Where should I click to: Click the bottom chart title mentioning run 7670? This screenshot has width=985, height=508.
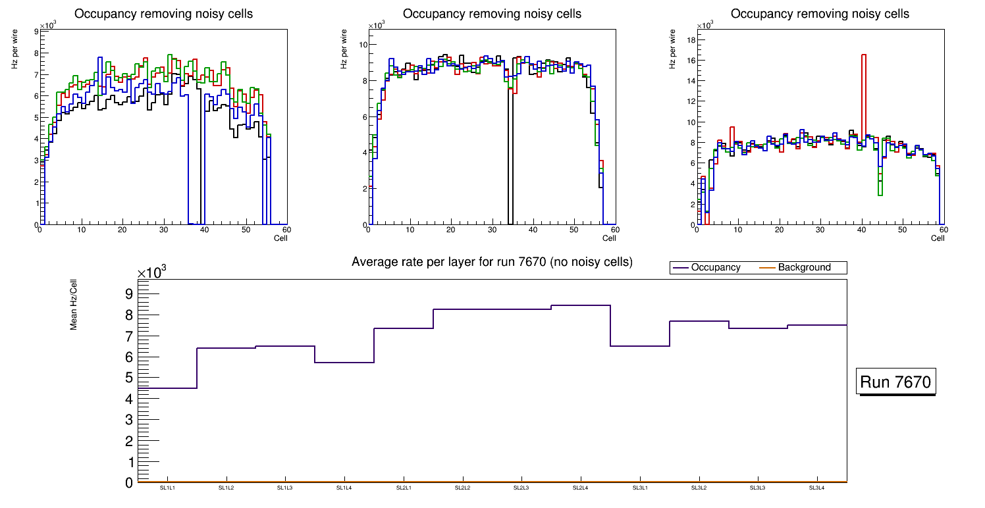[x=492, y=262]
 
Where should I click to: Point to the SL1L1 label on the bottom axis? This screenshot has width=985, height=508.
[x=167, y=488]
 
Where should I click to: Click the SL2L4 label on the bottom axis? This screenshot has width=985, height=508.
[x=580, y=488]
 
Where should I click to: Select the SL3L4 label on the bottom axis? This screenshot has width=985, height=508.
[x=816, y=488]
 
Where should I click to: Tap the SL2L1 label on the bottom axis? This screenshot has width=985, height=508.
[x=403, y=488]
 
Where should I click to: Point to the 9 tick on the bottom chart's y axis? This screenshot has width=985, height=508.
[x=130, y=293]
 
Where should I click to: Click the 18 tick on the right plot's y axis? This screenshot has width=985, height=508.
[x=691, y=39]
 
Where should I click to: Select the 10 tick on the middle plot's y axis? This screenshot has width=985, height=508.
[x=362, y=45]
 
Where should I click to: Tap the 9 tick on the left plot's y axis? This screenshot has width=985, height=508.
[x=35, y=32]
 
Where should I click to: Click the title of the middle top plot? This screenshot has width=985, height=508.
[x=492, y=14]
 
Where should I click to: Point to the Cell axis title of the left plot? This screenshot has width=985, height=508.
[x=280, y=238]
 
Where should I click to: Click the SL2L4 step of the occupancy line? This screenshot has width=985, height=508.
[x=580, y=305]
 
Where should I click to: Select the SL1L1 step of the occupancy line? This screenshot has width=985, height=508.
[x=167, y=388]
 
